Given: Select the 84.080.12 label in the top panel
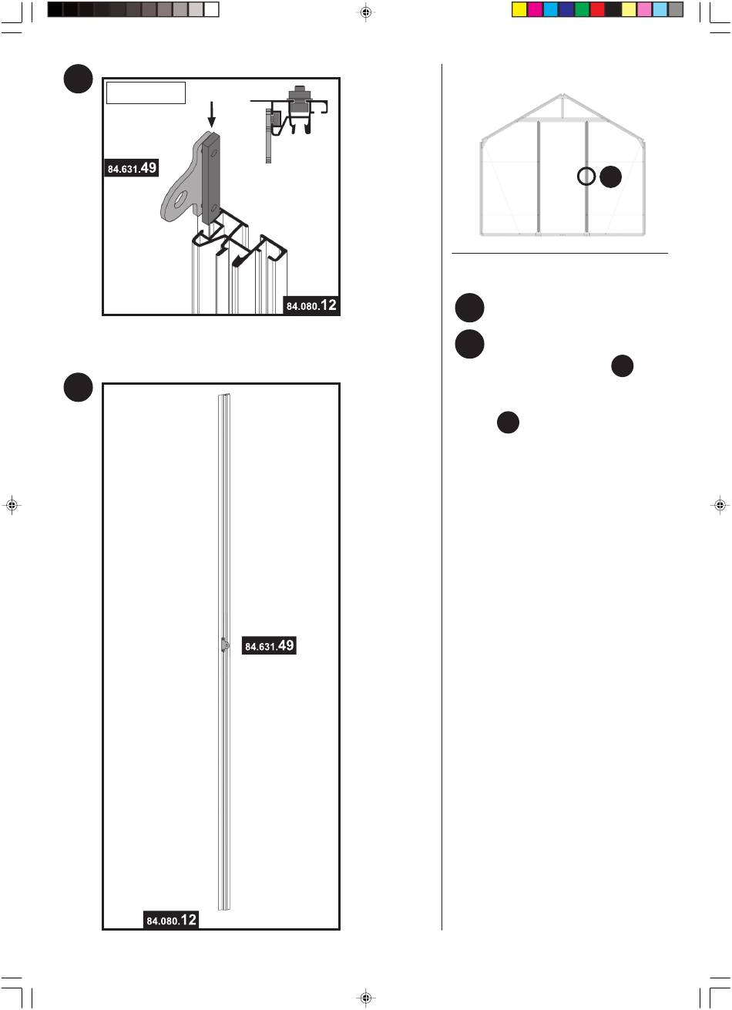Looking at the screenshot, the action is (311, 305).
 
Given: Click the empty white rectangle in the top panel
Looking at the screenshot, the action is (146, 93).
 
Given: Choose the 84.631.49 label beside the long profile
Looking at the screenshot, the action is (269, 646).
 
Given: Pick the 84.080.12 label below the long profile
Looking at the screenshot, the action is (172, 920).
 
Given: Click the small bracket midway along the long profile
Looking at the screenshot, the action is (223, 645).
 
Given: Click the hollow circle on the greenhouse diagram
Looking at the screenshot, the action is (586, 177).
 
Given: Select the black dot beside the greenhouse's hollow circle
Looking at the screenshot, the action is (610, 177).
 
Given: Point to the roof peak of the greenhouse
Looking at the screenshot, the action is (563, 98).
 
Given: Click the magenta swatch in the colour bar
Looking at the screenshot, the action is (535, 9).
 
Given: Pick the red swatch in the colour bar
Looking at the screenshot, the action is (597, 9).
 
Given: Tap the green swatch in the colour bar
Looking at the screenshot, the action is (582, 9).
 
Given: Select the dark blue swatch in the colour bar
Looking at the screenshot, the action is (566, 9).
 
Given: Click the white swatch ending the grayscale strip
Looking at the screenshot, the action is (211, 9).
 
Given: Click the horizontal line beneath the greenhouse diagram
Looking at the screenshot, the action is (559, 252).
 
